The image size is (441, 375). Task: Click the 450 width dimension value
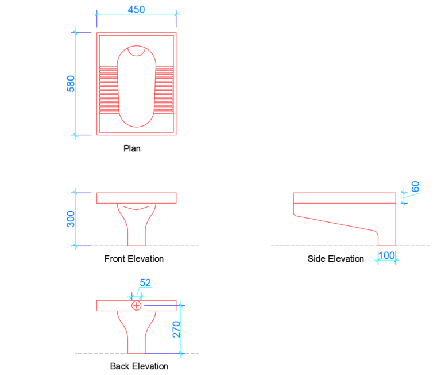pos(136,9)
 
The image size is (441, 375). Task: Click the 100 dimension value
pos(386,255)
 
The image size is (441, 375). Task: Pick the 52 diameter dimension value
pos(145,282)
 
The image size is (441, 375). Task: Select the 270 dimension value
pos(177,329)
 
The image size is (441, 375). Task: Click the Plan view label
pos(132,148)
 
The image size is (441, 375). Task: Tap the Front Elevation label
pos(134,259)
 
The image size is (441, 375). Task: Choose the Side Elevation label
pos(336,259)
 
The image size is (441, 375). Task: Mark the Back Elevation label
pos(139,366)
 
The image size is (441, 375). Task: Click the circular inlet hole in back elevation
pos(136,305)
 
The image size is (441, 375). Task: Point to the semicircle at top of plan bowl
pos(136,52)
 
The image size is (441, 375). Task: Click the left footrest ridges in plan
pos(109,89)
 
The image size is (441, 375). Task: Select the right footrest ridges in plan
pos(164,89)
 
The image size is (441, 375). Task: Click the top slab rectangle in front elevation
pos(136,198)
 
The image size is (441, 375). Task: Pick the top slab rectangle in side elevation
pos(345,198)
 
